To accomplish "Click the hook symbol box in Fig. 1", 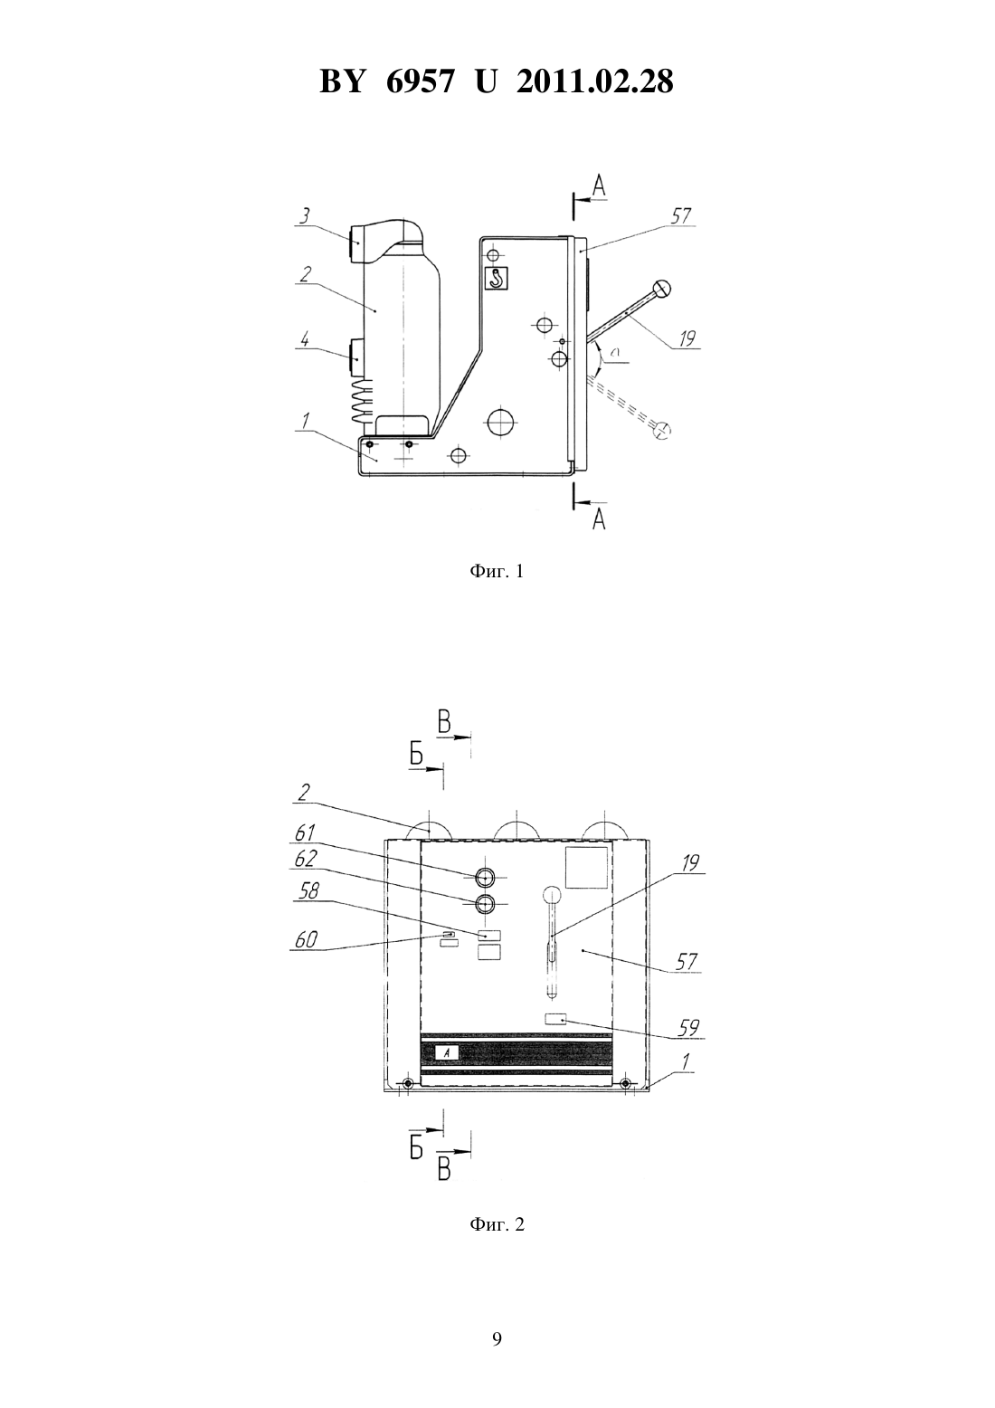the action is pos(497,278).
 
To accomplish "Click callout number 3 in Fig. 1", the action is pos(304,215).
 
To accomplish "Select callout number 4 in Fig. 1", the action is pos(304,340).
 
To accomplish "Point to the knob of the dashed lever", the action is pos(663,430).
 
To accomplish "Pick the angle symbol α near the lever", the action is pos(617,355).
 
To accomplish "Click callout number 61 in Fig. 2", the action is pos(305,832).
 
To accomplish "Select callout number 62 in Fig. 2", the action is pos(305,859).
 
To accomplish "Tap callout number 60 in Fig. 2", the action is pos(306,939).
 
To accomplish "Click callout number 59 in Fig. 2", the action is pos(689,1028).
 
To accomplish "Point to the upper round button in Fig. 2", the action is pos(485,877).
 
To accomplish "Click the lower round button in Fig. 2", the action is pos(485,904).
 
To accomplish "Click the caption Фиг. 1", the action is pos(497,571).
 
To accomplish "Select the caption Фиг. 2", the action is pos(497,1224).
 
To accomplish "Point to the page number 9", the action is pos(497,1339).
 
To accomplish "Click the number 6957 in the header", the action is pos(420,81).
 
